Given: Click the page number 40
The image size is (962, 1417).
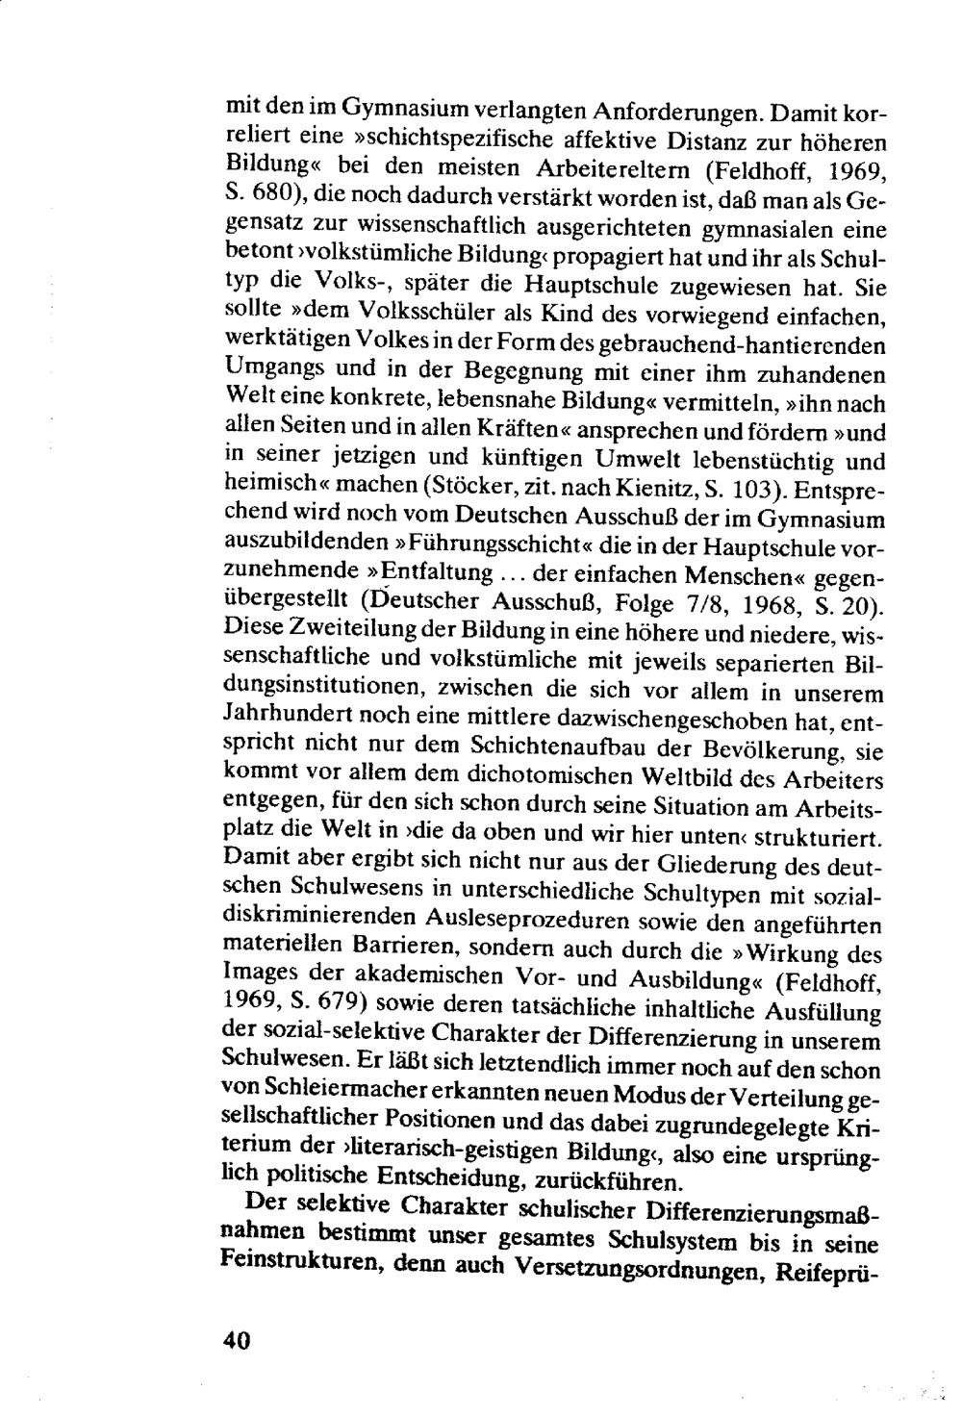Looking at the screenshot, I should (x=235, y=1340).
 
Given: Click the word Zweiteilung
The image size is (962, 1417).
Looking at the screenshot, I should (x=344, y=634).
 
